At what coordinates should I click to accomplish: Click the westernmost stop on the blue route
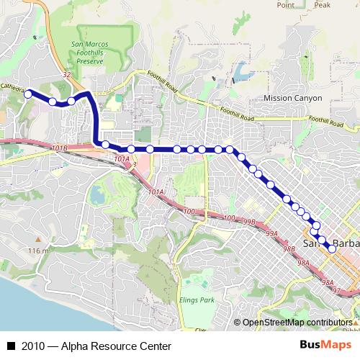coord(28,94)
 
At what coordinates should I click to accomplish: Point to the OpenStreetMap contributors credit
coord(297,323)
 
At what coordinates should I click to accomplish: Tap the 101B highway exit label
coord(60,148)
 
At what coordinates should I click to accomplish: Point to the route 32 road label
coord(66,74)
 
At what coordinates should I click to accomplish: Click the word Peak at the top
coord(322,4)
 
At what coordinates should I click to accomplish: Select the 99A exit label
coord(271,234)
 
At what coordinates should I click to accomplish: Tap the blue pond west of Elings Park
coord(96,193)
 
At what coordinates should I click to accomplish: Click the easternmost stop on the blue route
coord(331,248)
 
